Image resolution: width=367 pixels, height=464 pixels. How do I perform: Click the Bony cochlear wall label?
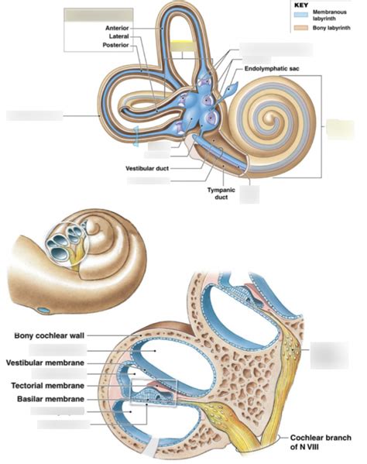pos(49,335)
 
